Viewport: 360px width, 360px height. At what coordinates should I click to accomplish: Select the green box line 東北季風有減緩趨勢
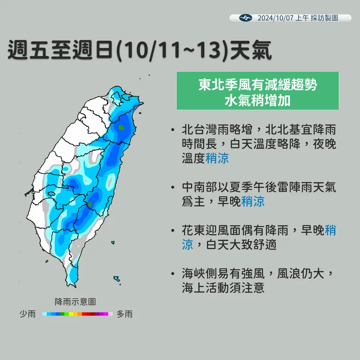[x=257, y=84]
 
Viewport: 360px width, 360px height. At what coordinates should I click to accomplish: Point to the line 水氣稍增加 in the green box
[x=257, y=100]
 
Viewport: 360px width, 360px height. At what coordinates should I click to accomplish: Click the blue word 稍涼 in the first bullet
[x=217, y=158]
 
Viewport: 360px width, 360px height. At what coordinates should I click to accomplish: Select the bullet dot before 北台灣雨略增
[x=172, y=130]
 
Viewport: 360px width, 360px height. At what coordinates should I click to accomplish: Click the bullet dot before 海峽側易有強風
[x=172, y=275]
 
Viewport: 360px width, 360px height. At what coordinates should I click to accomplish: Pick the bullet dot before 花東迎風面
[x=172, y=231]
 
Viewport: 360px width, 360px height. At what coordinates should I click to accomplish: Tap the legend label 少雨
[x=27, y=314]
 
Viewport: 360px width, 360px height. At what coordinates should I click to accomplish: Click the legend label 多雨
[x=124, y=314]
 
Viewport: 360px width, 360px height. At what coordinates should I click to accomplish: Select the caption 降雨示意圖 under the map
[x=75, y=301]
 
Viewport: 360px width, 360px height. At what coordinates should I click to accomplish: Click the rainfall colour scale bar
[x=77, y=314]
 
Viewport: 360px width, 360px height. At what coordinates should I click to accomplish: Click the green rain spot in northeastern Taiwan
[x=122, y=128]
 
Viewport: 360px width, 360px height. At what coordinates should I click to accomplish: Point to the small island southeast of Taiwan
[x=116, y=278]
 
